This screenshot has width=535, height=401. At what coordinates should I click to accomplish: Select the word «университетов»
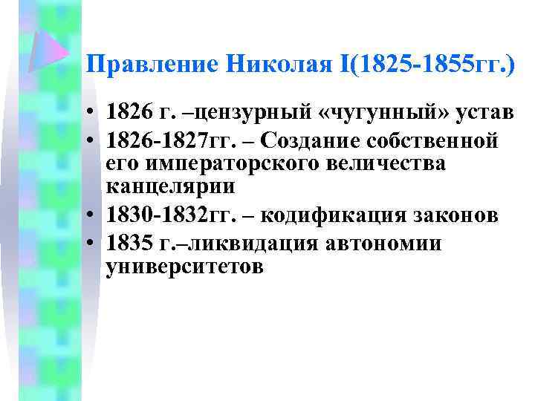point(184,266)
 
